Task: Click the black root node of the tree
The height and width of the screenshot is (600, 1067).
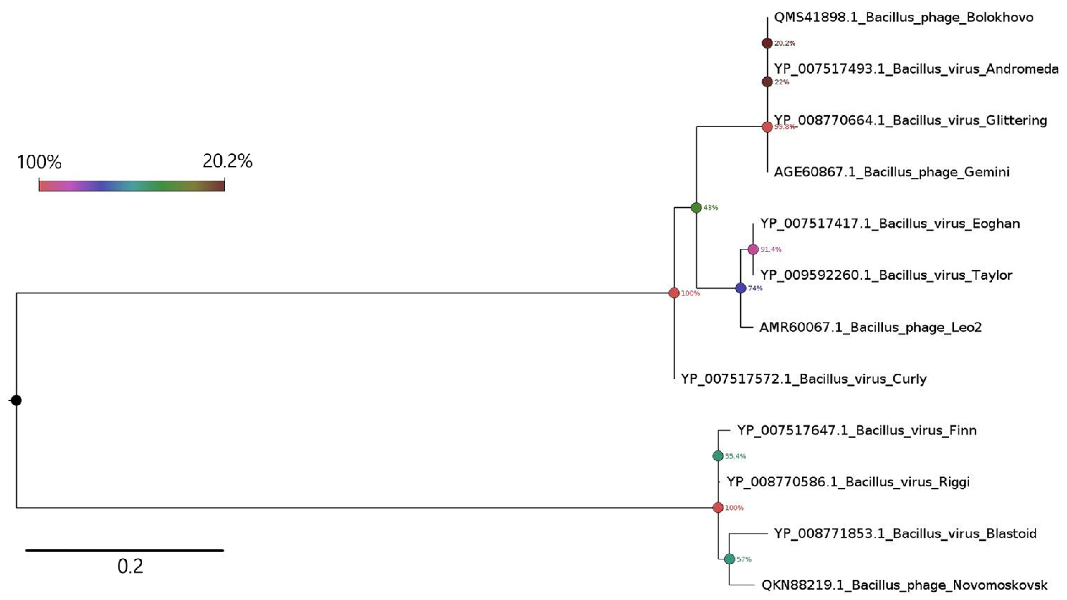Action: [16, 400]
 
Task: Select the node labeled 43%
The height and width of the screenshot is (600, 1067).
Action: [696, 208]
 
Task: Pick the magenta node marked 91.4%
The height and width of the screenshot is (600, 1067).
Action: [753, 249]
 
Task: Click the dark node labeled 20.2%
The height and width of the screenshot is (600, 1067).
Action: [767, 43]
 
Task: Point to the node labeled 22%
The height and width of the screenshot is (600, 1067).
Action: [767, 82]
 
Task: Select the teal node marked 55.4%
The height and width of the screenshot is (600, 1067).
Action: [718, 456]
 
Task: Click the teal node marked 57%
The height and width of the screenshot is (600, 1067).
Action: [729, 559]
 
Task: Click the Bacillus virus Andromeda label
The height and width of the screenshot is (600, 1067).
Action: [916, 69]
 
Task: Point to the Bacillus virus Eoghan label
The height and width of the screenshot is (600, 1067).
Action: [890, 224]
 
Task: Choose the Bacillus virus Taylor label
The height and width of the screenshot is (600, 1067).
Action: [886, 275]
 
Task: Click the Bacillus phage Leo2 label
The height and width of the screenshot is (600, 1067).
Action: [870, 327]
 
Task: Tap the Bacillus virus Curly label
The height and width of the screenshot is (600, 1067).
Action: [804, 379]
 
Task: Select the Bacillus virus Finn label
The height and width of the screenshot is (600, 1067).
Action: [857, 431]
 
